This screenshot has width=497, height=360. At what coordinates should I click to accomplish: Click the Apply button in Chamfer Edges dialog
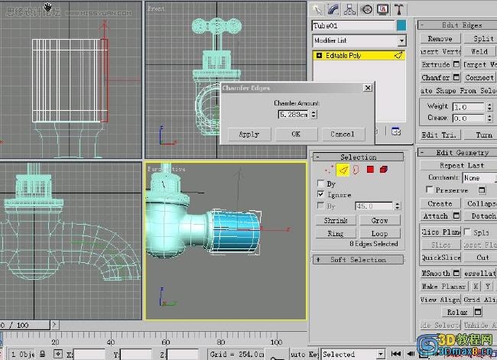click(x=248, y=134)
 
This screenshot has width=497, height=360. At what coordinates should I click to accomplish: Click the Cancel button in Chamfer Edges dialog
click(x=342, y=134)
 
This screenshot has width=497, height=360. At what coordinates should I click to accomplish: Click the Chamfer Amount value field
click(x=294, y=115)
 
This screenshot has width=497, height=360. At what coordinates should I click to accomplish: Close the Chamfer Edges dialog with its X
click(x=368, y=88)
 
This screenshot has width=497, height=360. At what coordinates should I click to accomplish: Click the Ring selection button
click(x=336, y=233)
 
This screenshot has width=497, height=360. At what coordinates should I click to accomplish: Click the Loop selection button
click(x=380, y=233)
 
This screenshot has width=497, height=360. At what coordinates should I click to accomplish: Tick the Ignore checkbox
click(x=320, y=195)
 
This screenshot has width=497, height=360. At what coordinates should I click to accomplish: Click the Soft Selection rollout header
click(x=358, y=260)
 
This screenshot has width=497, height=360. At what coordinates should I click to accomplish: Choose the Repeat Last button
click(x=462, y=165)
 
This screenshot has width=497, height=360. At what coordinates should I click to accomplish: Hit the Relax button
click(x=457, y=312)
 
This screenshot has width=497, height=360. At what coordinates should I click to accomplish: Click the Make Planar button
click(x=440, y=286)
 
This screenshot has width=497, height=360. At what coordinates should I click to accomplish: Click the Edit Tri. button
click(x=440, y=135)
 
